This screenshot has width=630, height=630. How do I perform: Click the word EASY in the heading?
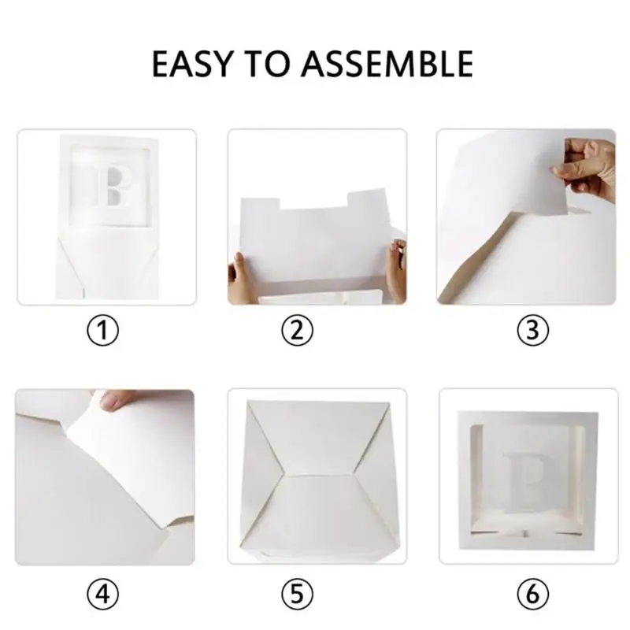coord(192,64)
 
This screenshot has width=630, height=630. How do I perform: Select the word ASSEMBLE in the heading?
coord(387,64)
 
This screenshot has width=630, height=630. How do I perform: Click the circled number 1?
coord(103,331)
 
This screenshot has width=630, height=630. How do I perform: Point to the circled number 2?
coord(297,331)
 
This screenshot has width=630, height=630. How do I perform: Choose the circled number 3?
coord(532,331)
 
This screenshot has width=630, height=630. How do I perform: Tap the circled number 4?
coord(103,594)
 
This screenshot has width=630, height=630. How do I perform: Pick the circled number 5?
coord(297,594)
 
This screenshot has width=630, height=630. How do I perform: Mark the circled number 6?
coord(532,594)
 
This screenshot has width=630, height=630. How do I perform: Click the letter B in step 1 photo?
coord(113,186)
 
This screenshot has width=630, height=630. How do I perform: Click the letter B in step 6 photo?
coord(525,475)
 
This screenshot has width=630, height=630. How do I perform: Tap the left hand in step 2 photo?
coord(240,279)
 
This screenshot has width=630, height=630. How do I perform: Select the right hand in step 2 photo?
coord(396,269)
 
